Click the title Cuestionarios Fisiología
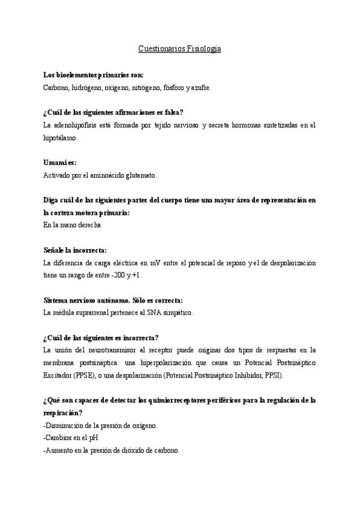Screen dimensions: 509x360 coord(180,49)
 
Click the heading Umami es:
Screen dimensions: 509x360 coord(60,163)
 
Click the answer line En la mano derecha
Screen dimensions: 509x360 coord(72,225)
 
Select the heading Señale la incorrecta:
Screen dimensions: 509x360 coord(75,250)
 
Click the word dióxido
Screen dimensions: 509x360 coord(130,450)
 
